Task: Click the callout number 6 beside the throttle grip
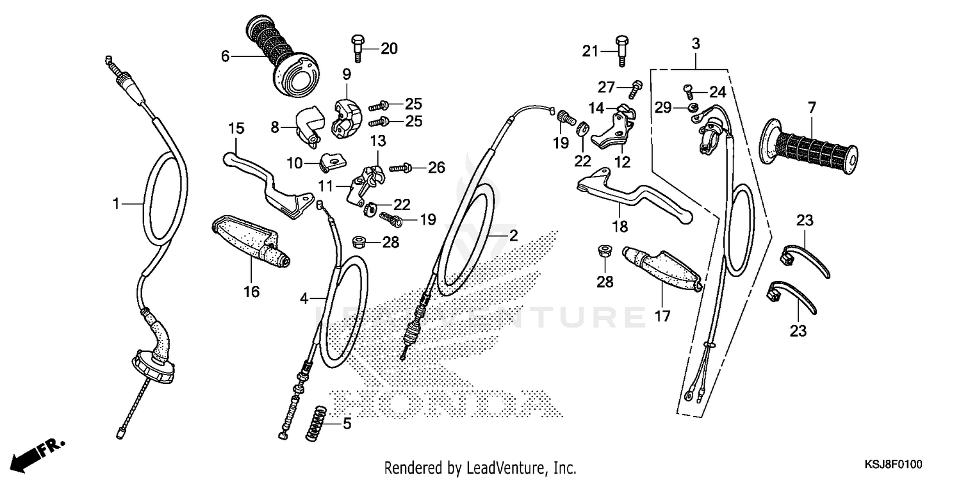225,56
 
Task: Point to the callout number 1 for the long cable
116,204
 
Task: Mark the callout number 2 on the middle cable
513,235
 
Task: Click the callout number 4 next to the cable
305,298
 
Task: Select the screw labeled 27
636,89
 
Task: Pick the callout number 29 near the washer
662,107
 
